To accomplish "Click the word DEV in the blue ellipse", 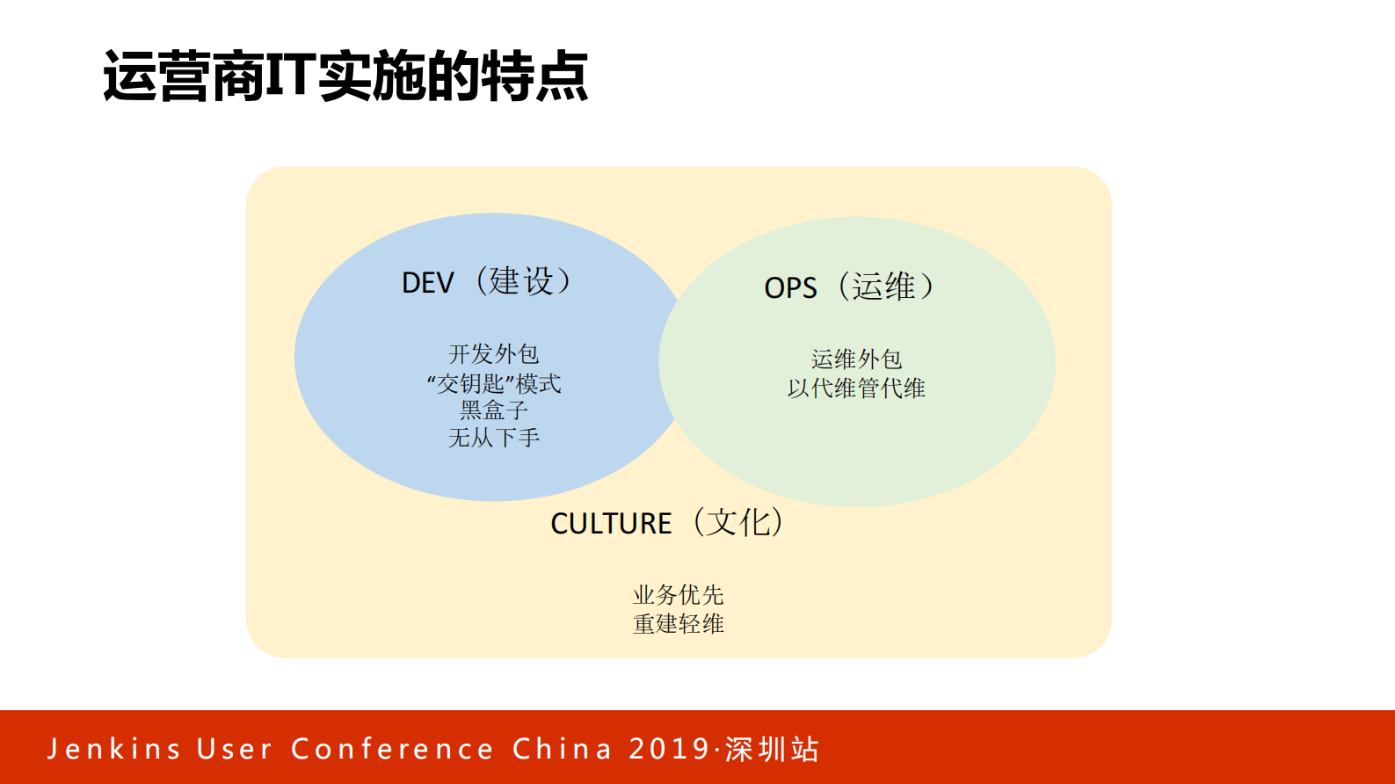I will click(x=428, y=283).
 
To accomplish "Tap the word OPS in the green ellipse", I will click(x=790, y=288).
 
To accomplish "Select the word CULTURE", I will click(x=611, y=524).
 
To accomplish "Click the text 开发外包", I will click(x=494, y=354).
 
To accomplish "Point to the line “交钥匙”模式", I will click(x=494, y=383).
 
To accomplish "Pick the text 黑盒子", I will click(x=494, y=410).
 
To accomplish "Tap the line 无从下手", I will click(x=494, y=438).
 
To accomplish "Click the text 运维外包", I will click(x=856, y=359).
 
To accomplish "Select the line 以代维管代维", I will click(x=856, y=388).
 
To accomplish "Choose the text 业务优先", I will click(x=678, y=595).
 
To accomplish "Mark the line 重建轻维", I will click(x=678, y=624).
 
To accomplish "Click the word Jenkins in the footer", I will click(x=113, y=749).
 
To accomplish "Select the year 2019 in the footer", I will click(x=669, y=749).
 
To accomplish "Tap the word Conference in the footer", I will click(x=392, y=749).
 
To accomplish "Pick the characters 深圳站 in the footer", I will click(x=772, y=749).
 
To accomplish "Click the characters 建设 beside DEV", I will click(x=522, y=281).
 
